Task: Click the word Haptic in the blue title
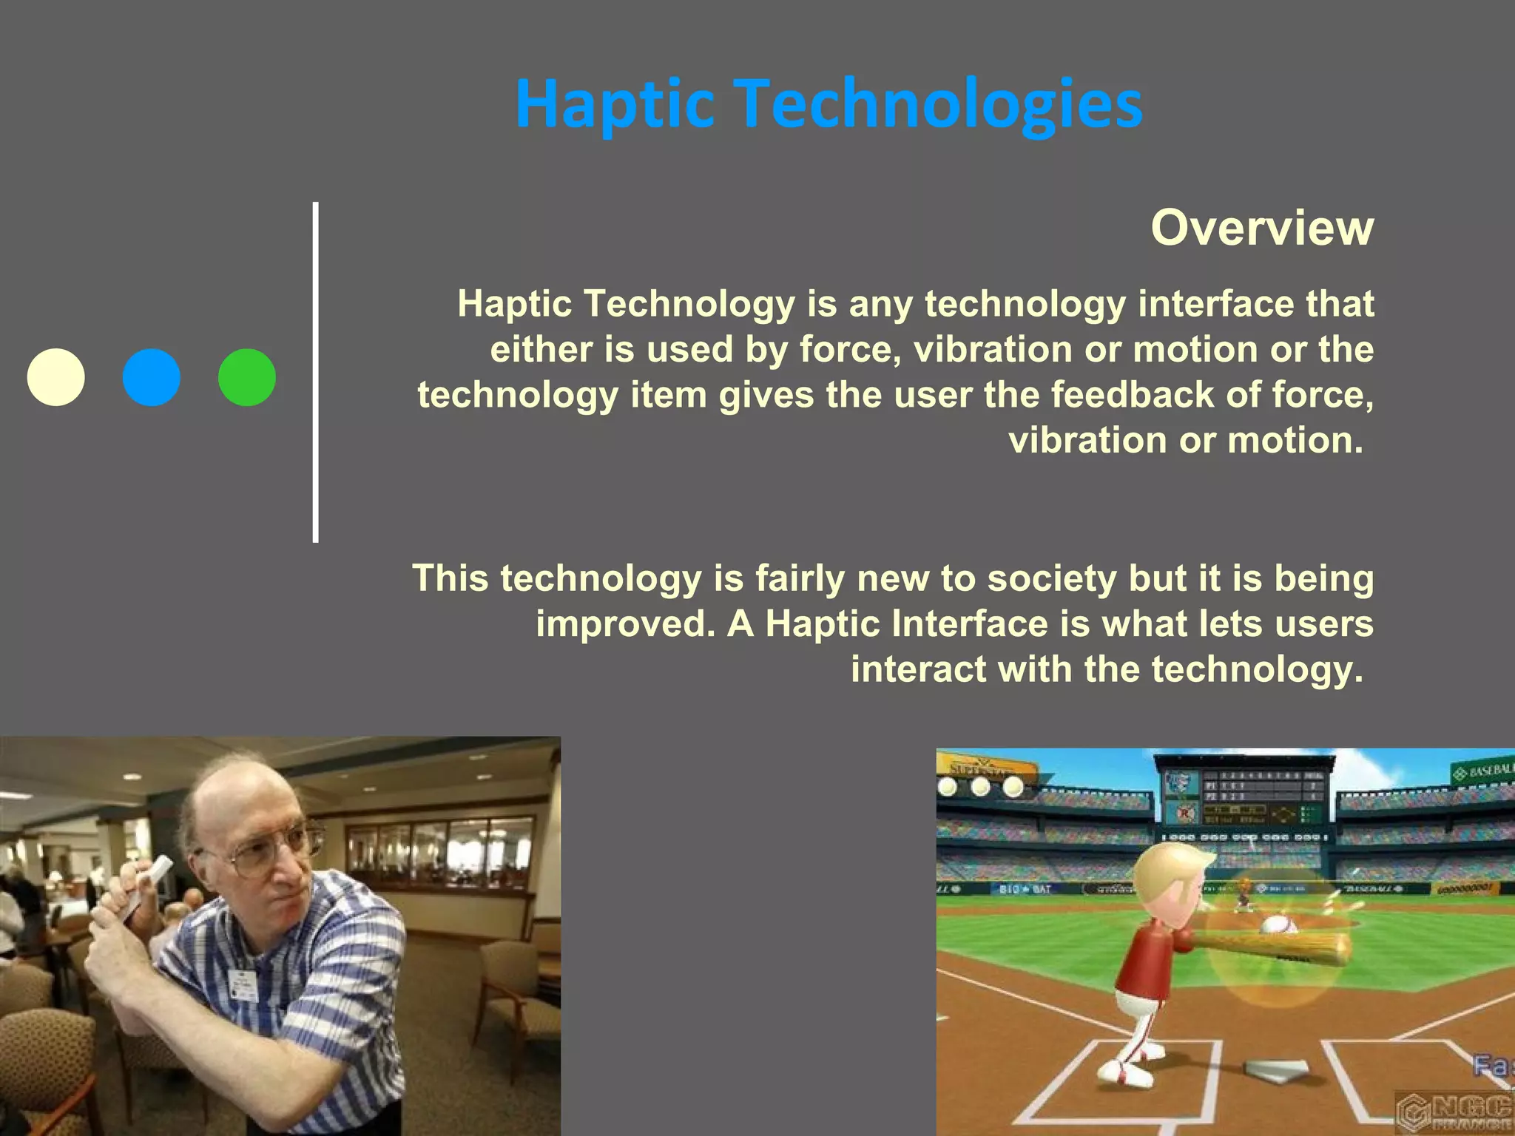614,105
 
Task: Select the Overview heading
1261,228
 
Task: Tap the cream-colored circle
56,377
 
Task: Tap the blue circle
152,377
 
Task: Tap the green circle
247,377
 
